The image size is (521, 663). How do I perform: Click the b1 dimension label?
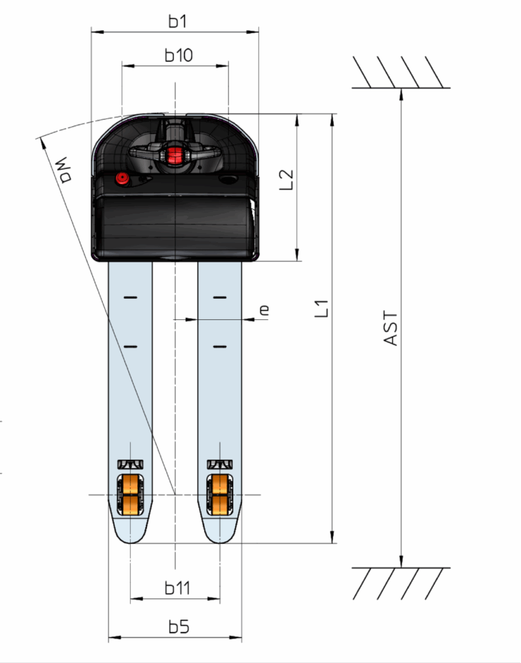click(177, 21)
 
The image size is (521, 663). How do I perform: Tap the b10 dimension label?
click(179, 55)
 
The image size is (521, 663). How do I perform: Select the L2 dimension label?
click(287, 180)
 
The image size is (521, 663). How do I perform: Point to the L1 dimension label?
click(322, 309)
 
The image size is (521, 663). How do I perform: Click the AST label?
click(391, 328)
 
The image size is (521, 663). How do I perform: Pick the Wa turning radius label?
click(63, 170)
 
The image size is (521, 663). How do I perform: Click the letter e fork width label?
click(263, 310)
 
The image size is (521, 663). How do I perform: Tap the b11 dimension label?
click(177, 588)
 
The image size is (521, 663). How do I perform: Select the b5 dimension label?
click(179, 627)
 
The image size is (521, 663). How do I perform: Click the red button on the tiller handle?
click(173, 155)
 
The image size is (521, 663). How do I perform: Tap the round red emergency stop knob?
click(122, 178)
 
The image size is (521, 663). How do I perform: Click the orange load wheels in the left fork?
click(130, 495)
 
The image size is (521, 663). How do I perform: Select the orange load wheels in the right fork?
click(219, 495)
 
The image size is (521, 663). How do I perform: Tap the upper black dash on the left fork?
click(131, 298)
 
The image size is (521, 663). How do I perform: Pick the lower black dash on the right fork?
click(219, 347)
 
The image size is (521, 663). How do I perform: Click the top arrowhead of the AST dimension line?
click(401, 94)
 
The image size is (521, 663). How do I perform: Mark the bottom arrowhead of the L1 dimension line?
click(333, 537)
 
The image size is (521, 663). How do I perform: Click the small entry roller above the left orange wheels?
click(130, 464)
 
